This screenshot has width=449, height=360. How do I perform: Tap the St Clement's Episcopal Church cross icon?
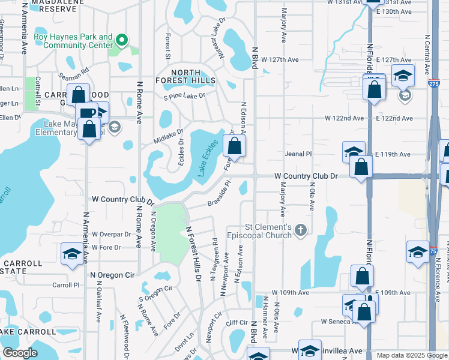[x=301, y=230]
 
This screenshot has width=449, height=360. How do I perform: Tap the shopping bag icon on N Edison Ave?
[x=235, y=146]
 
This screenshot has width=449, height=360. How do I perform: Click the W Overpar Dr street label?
[x=111, y=234]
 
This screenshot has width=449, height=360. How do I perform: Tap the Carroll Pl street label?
[x=65, y=285]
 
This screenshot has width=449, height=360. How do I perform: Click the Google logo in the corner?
[x=20, y=353]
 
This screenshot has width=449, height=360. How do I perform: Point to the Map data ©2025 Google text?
[x=411, y=355]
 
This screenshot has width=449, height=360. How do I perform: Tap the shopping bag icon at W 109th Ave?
[x=362, y=277]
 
